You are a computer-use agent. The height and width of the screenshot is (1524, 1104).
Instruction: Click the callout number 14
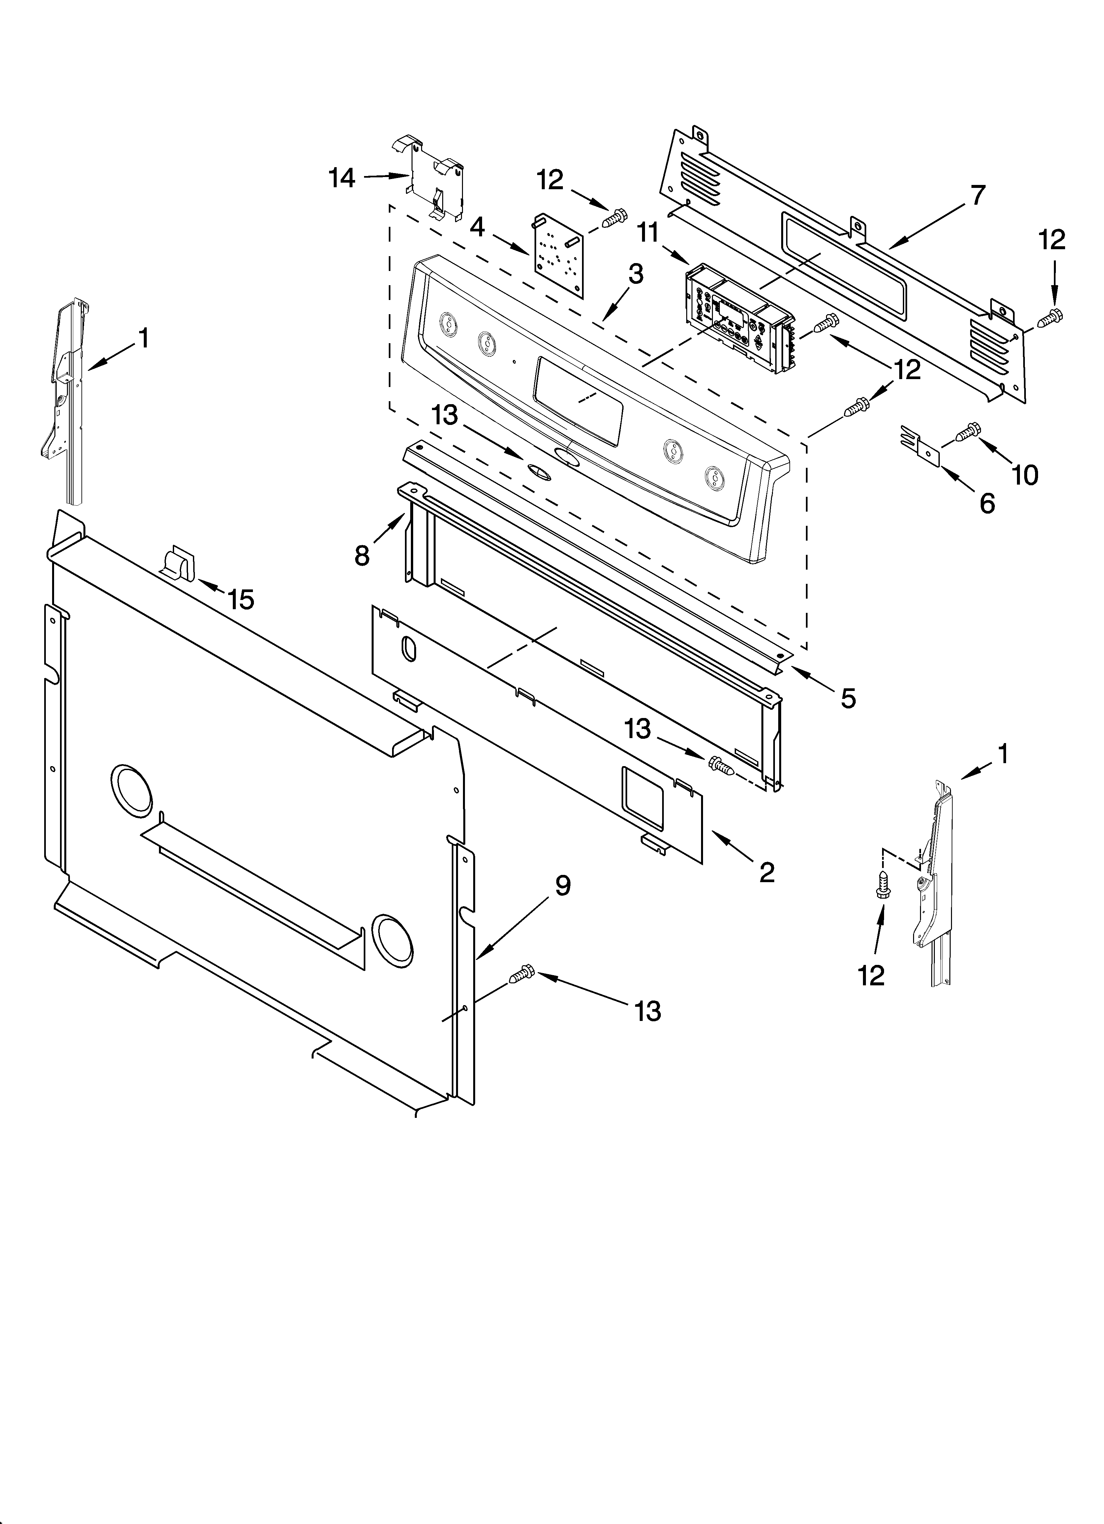[x=342, y=178]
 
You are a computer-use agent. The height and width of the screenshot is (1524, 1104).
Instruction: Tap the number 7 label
[x=978, y=195]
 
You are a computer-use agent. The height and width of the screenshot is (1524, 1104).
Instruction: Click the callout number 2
[x=766, y=872]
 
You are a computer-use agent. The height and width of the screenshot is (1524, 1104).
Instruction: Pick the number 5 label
[x=848, y=699]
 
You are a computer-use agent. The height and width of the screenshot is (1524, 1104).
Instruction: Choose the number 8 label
[x=362, y=555]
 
